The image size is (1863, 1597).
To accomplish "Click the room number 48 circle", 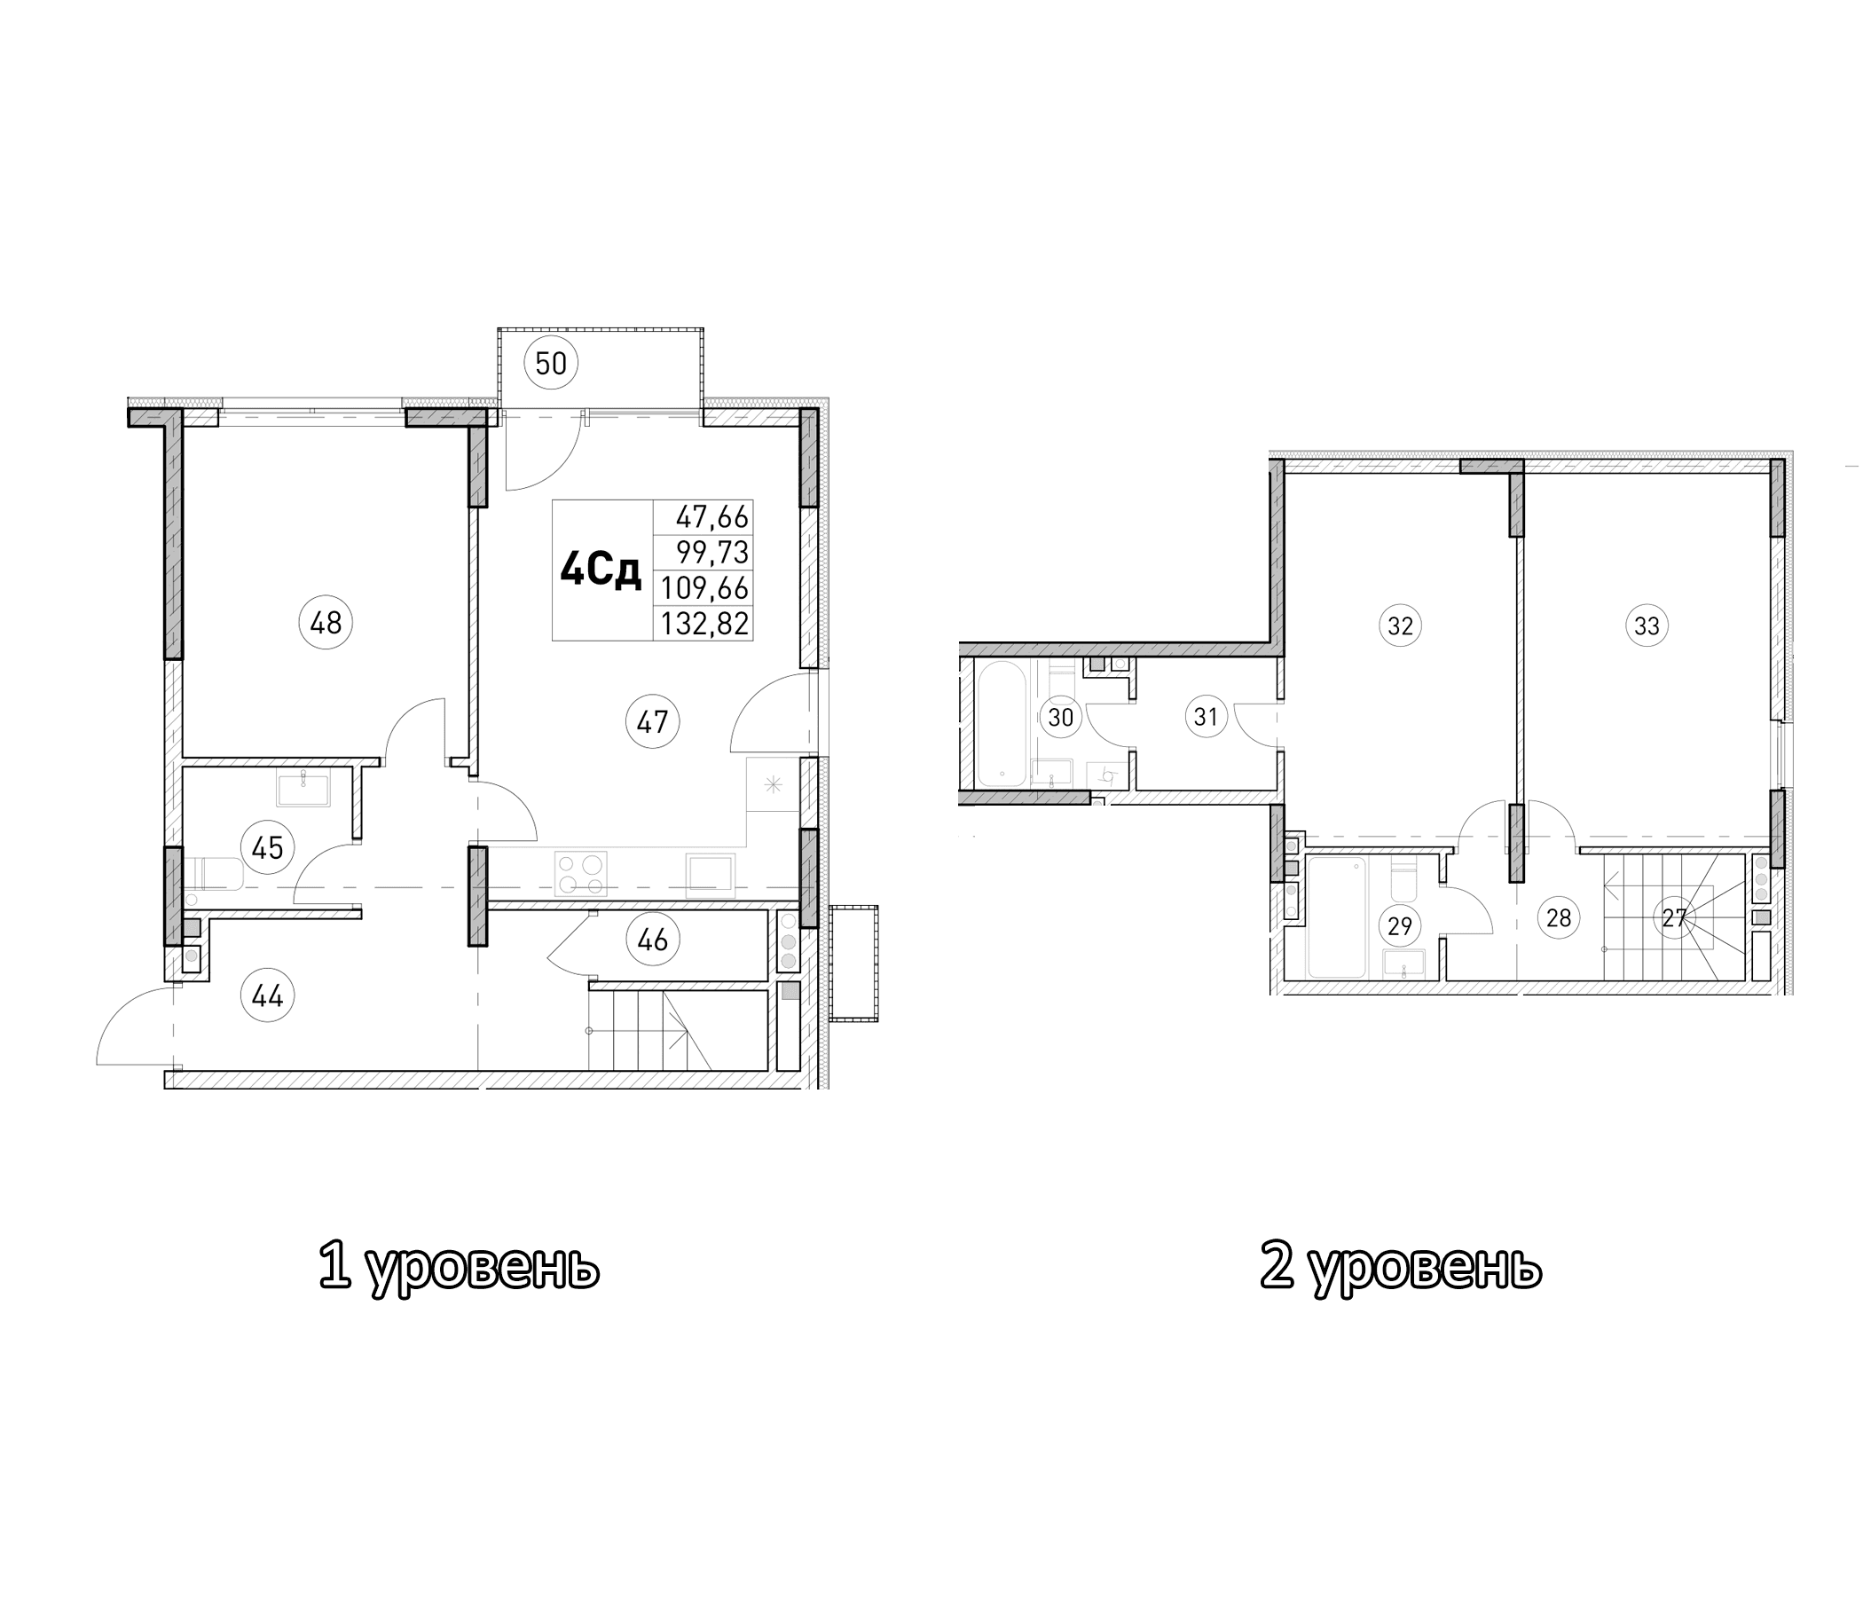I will tap(326, 622).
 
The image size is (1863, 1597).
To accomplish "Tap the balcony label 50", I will tap(551, 364).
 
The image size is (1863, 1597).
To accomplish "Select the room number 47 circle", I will tap(653, 721).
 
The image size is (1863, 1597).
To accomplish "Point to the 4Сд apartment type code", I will tap(601, 571).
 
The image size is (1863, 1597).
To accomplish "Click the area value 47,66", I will tap(711, 517).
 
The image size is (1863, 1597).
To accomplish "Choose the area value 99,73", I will tap(712, 551).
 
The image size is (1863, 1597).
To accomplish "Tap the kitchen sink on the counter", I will tap(711, 874).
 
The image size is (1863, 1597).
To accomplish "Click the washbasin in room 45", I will tap(303, 788).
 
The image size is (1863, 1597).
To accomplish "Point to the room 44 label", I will tap(268, 996).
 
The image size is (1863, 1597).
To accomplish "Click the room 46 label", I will tap(653, 940).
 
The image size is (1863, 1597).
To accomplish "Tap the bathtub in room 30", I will tap(1000, 724).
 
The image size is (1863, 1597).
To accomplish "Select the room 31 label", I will tap(1205, 717).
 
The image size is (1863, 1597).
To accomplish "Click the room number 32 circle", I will tap(1400, 625).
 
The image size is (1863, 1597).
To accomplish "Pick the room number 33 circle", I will tap(1647, 625).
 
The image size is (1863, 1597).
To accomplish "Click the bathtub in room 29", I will tap(1336, 917).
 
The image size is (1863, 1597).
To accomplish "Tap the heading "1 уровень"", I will tap(459, 1267).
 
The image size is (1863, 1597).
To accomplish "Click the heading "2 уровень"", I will tap(1400, 1267).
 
